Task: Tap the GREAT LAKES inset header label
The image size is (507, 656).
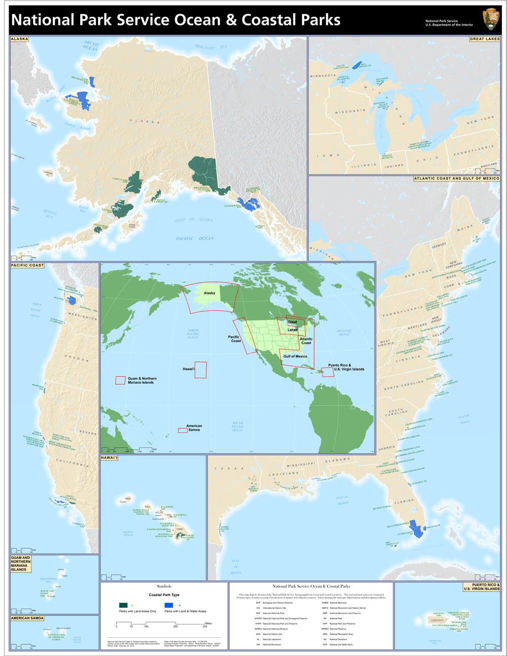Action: tap(484, 39)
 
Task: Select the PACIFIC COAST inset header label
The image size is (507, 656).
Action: tap(27, 265)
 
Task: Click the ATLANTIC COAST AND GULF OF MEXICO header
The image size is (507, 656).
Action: tap(456, 178)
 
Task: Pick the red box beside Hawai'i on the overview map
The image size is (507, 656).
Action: tap(201, 369)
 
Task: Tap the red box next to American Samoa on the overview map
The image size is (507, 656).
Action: tap(183, 430)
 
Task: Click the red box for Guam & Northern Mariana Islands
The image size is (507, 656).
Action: tap(120, 380)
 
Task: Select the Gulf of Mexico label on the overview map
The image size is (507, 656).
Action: tap(295, 356)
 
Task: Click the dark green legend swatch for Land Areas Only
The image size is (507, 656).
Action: tap(123, 605)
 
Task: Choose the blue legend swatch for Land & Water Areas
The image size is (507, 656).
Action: tap(168, 605)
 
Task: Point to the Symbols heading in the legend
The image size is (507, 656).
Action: tap(164, 586)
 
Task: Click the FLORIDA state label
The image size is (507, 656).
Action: tap(405, 501)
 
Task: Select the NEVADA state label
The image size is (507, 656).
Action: tap(88, 433)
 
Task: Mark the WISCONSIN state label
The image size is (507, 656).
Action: tap(350, 111)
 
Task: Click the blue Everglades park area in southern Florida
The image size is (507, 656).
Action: tap(417, 529)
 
